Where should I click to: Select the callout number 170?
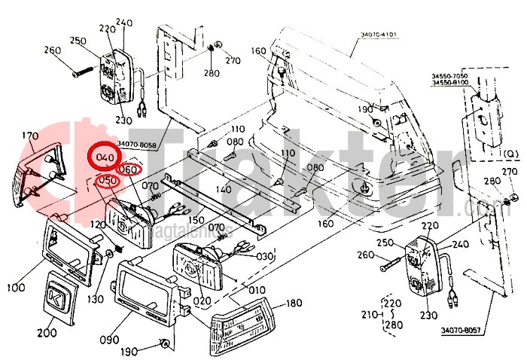(x=29, y=136)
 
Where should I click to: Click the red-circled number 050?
(x=109, y=181)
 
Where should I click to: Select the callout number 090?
(x=108, y=340)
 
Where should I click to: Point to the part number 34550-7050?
(x=449, y=76)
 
